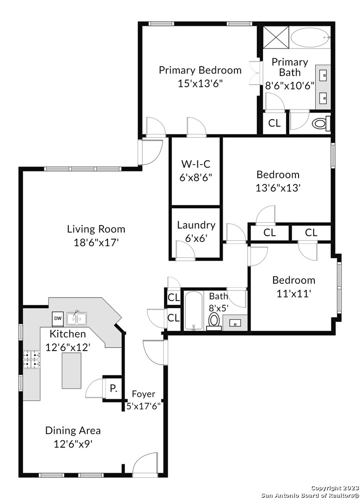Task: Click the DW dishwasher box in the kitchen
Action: coord(58,318)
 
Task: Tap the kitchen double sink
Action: coord(77,318)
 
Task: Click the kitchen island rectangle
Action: coord(72,371)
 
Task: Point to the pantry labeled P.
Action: coord(113,388)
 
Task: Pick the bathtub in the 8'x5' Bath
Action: coord(193,310)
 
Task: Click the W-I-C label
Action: coord(196,164)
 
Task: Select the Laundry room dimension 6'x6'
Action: coord(196,238)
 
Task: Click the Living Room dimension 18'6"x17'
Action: coord(96,243)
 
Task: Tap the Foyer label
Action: coord(144,394)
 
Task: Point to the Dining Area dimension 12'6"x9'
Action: coord(73,444)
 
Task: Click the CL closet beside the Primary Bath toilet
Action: coord(275,123)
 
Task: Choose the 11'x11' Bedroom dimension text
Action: coord(293,293)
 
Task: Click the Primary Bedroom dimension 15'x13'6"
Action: coord(200,84)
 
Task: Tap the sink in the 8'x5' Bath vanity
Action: coord(235,323)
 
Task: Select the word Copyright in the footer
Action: coord(326,488)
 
